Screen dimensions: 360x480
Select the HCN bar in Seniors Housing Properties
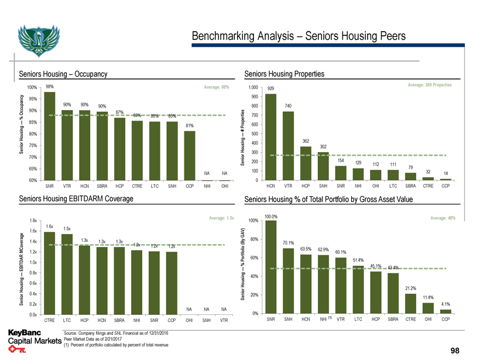270,137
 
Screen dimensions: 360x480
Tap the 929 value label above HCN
270,89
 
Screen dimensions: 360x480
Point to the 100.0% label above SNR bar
270,217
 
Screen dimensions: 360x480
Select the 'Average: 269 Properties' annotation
429,85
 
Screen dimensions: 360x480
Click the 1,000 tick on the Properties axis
254,87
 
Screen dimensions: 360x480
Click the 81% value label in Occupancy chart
189,126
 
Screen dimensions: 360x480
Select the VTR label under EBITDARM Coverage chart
224,320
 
